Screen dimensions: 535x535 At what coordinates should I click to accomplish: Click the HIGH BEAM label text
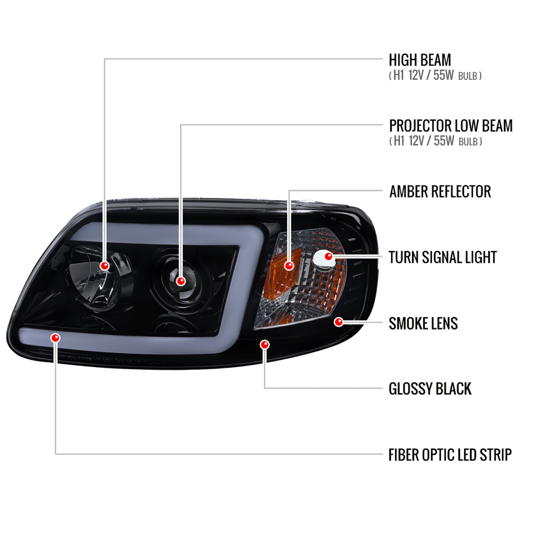pos(419,60)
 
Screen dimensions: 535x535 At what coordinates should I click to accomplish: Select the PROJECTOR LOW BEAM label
pos(450,126)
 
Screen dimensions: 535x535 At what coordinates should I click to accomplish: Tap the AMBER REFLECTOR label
pos(440,192)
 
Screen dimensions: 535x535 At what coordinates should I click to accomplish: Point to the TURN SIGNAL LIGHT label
pos(442,258)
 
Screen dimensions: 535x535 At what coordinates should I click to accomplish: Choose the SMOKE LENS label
pos(423,323)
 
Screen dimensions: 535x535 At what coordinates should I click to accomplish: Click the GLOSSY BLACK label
pos(430,389)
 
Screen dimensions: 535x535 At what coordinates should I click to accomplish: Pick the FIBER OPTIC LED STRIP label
pos(450,455)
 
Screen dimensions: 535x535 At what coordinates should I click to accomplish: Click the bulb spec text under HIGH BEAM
pos(435,76)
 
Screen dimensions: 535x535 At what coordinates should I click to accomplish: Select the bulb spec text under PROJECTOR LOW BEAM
pos(435,141)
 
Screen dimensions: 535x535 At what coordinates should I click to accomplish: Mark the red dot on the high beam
pos(105,266)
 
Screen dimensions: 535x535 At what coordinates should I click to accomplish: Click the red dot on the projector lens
pos(181,281)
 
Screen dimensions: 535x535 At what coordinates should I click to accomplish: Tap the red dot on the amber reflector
pos(289,265)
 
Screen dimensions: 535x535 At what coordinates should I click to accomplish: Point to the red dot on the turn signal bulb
pos(328,256)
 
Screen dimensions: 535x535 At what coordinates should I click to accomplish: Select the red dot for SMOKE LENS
pos(338,322)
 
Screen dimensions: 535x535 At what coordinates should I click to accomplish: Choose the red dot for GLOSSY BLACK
pos(265,345)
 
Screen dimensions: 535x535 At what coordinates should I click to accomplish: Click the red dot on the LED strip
pos(56,337)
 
